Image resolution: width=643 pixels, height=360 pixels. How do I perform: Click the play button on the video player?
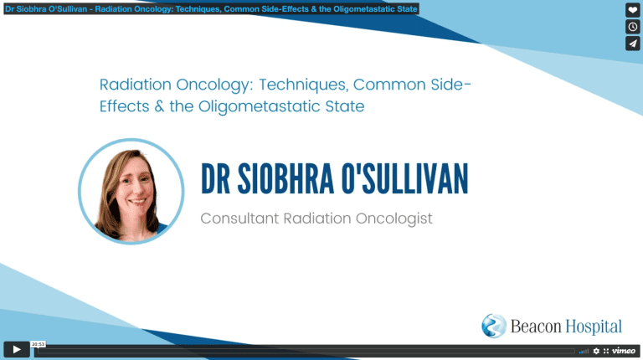(x=17, y=350)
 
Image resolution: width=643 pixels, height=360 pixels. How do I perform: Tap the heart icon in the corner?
(x=632, y=10)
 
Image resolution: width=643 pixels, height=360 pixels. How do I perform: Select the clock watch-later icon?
(x=632, y=27)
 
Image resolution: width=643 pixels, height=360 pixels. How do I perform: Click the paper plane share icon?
(x=632, y=44)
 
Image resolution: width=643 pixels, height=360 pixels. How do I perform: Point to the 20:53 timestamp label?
(x=39, y=344)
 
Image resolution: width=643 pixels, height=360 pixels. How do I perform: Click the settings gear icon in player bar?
(x=596, y=351)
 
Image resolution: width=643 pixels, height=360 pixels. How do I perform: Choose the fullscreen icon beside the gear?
(x=605, y=351)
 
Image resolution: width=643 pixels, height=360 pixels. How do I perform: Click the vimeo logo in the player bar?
(x=623, y=351)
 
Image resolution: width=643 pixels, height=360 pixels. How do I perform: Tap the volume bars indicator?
(x=584, y=352)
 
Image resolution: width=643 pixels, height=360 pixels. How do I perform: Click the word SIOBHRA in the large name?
(x=285, y=179)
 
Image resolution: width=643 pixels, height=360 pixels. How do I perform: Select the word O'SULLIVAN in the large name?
(x=404, y=179)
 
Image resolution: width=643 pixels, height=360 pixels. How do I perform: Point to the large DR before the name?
(x=215, y=179)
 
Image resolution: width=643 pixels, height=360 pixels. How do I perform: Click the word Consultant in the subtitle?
(x=239, y=219)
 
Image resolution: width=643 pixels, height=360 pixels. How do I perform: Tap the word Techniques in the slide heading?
(x=303, y=85)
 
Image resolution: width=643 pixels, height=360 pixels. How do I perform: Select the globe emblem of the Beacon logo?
(x=494, y=326)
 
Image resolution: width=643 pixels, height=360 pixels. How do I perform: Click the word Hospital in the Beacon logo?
(x=594, y=327)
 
